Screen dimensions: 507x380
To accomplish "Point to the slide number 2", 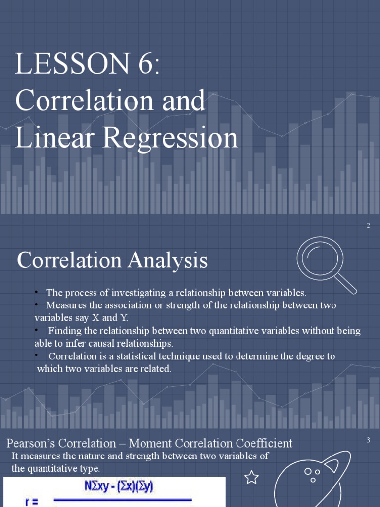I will [368, 226].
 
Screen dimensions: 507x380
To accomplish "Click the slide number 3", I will [368, 440].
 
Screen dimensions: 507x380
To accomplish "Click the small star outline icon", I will [252, 477].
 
